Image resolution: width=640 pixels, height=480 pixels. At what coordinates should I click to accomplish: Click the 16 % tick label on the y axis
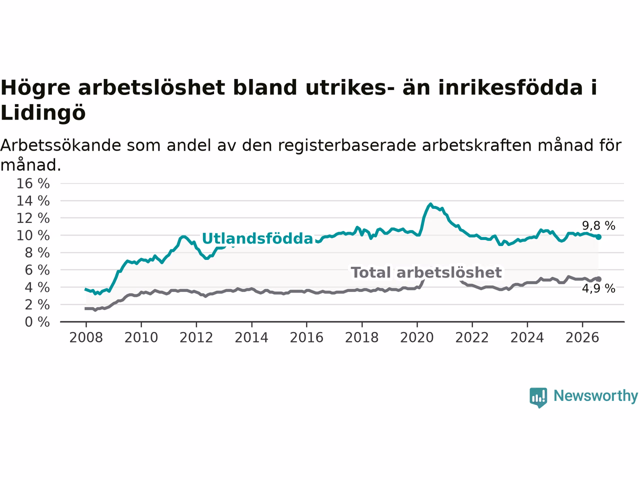(x=33, y=183)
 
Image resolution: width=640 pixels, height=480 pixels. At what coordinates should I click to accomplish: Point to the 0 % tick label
(x=37, y=322)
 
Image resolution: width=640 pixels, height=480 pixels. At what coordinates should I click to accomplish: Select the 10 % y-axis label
(x=33, y=235)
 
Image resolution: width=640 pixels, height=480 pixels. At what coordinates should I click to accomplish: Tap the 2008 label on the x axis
(x=86, y=337)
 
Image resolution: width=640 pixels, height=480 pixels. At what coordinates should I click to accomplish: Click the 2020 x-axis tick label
(x=417, y=337)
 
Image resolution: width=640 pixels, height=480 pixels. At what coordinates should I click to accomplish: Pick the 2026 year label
(x=582, y=337)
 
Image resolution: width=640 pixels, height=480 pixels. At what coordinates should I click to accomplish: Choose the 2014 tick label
(x=251, y=337)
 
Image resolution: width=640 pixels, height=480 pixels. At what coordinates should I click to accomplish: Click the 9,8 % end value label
(x=598, y=225)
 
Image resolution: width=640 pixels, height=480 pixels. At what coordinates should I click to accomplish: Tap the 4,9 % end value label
(x=598, y=288)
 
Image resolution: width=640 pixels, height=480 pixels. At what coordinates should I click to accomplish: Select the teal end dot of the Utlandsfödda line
(x=598, y=237)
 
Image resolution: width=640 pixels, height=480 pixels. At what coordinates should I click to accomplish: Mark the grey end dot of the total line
(x=598, y=279)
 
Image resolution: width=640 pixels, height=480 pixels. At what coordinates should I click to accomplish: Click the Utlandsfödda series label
(x=257, y=238)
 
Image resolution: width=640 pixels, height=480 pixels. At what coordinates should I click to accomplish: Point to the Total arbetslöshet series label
(x=426, y=272)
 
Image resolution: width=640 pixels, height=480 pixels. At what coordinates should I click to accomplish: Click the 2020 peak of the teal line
(x=430, y=204)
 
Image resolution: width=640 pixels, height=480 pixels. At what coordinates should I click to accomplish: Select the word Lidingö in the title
(x=43, y=112)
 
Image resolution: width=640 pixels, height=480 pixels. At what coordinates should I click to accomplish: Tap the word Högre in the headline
(x=35, y=87)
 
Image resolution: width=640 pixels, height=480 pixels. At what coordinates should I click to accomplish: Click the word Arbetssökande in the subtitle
(x=60, y=145)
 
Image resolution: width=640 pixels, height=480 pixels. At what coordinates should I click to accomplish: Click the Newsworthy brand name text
(x=595, y=396)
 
